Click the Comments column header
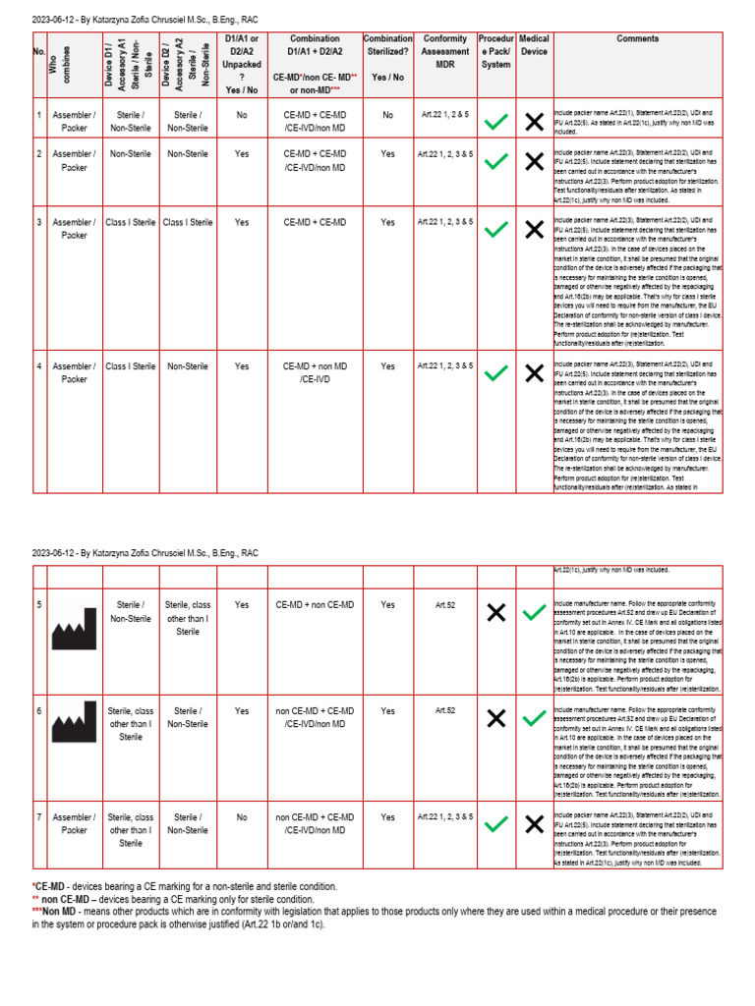click(637, 39)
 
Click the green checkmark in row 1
click(496, 122)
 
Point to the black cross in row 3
click(534, 230)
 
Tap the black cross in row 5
click(496, 613)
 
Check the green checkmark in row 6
click(534, 718)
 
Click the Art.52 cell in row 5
click(444, 605)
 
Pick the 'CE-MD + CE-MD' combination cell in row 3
click(315, 222)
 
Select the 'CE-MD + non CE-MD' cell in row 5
click(315, 605)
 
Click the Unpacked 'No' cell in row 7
click(242, 816)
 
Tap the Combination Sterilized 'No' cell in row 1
click(387, 115)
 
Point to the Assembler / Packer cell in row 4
click(75, 372)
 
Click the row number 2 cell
click(39, 154)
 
